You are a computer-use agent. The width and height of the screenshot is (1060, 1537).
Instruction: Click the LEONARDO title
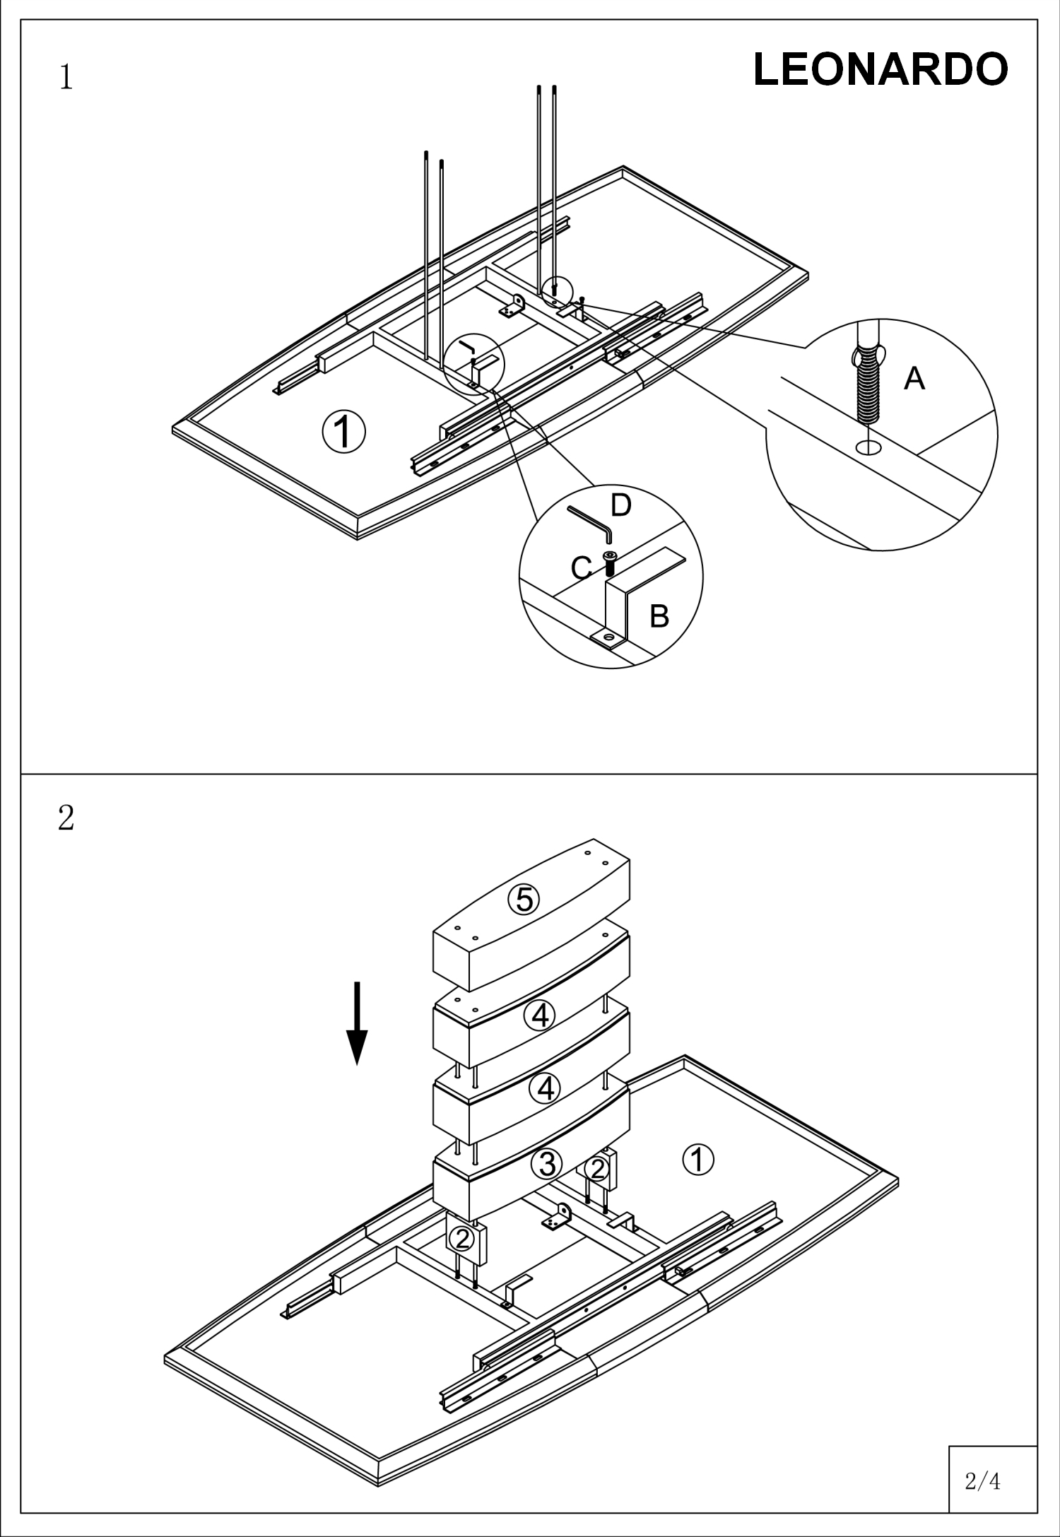point(881,70)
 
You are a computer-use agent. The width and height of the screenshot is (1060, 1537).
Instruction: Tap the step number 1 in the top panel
point(66,78)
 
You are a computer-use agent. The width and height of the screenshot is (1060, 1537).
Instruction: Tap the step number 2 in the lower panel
point(66,818)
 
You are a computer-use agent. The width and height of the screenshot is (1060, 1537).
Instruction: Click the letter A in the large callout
point(914,379)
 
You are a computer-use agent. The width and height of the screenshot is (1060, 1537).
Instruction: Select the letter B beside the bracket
point(659,616)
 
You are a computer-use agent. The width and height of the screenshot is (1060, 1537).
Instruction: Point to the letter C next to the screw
point(581,567)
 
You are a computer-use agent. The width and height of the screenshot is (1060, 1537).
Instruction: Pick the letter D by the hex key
point(620,505)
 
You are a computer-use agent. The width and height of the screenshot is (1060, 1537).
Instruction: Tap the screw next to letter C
point(609,563)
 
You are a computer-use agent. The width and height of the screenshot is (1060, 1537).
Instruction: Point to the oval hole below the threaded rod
point(868,447)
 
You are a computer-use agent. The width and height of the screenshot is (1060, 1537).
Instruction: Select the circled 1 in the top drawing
point(344,432)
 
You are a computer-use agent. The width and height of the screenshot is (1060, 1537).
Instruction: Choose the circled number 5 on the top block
point(524,900)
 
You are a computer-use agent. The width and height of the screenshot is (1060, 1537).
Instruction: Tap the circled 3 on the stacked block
point(548,1164)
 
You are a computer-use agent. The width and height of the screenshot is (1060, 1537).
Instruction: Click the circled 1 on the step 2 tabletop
point(698,1160)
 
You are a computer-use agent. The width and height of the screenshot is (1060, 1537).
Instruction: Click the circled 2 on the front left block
point(462,1238)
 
